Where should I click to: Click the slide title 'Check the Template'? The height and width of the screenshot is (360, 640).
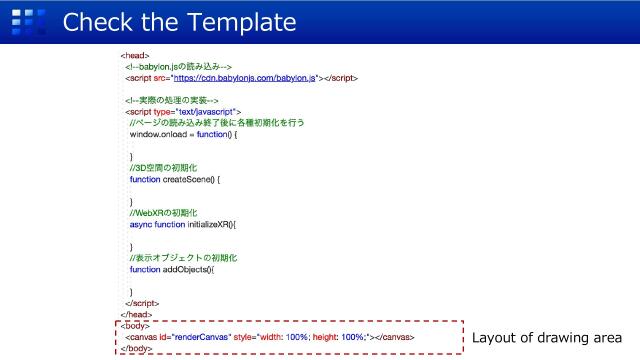[x=179, y=21]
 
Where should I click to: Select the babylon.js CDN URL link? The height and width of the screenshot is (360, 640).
[x=244, y=76]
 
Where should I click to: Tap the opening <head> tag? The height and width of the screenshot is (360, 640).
[x=135, y=55]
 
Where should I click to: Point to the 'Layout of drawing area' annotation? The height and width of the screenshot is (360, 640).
[x=547, y=337]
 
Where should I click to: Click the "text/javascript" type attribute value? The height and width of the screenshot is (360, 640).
[x=205, y=111]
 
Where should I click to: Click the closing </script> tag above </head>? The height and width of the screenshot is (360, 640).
[x=142, y=302]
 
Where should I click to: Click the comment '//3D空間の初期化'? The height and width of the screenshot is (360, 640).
[x=164, y=167]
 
